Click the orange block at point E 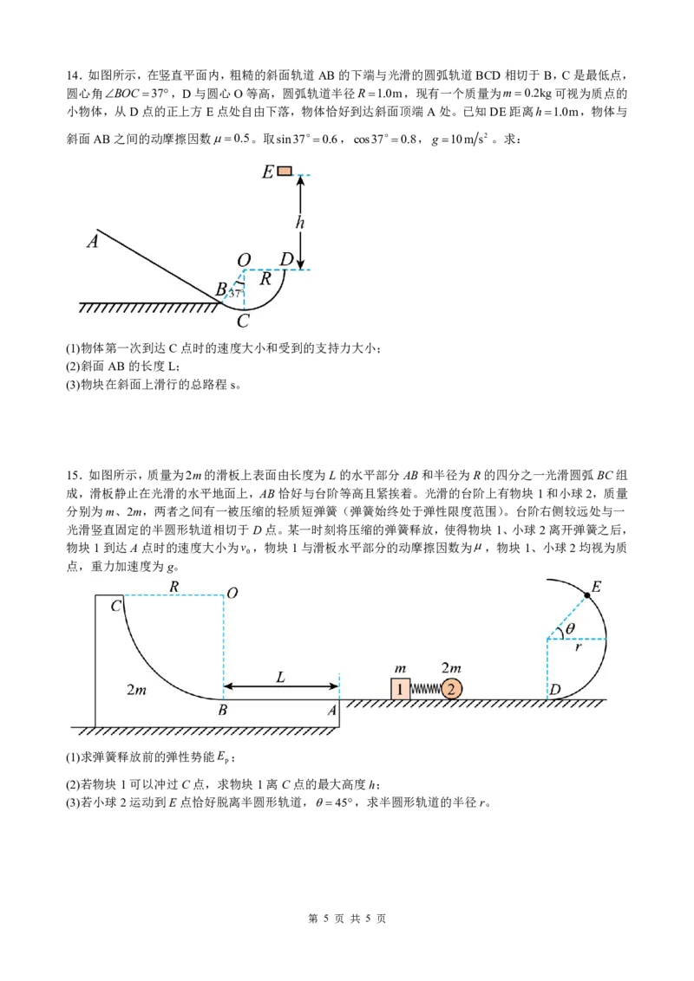pyautogui.click(x=285, y=171)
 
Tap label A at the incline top pyautogui.click(x=93, y=241)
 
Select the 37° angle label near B pyautogui.click(x=235, y=292)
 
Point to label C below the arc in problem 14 pyautogui.click(x=243, y=321)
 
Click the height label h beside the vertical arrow pyautogui.click(x=300, y=222)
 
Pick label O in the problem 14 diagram pyautogui.click(x=244, y=260)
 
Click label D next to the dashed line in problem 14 pyautogui.click(x=286, y=259)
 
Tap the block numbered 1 pyautogui.click(x=400, y=689)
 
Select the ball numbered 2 pyautogui.click(x=451, y=689)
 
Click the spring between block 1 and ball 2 pyautogui.click(x=425, y=690)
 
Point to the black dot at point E pyautogui.click(x=587, y=595)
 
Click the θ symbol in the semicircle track pyautogui.click(x=570, y=628)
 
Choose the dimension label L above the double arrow pyautogui.click(x=280, y=676)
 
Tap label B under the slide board pyautogui.click(x=222, y=710)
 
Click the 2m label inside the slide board pyautogui.click(x=136, y=690)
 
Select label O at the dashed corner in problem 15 pyautogui.click(x=232, y=593)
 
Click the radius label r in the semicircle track pyautogui.click(x=578, y=646)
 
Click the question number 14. pyautogui.click(x=74, y=75)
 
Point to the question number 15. pyautogui.click(x=74, y=475)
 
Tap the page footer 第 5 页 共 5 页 pyautogui.click(x=347, y=919)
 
